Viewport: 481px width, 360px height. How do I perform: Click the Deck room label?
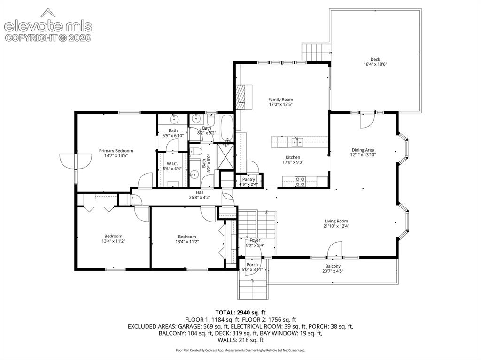tap(375, 59)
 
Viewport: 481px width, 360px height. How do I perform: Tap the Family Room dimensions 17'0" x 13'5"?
tap(281, 104)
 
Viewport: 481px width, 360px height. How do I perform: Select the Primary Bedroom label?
tap(116, 151)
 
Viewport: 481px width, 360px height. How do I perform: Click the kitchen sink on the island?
tap(297, 142)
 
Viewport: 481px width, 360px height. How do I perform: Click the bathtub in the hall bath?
tap(227, 129)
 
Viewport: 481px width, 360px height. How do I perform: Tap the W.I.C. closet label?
tap(172, 164)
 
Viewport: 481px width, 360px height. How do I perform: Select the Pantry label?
tap(248, 179)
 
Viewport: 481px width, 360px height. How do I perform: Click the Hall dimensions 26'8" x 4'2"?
tap(200, 198)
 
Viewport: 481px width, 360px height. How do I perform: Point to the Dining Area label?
tap(363, 150)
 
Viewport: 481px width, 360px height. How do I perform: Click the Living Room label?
tap(336, 221)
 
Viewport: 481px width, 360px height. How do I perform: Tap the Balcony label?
tap(333, 266)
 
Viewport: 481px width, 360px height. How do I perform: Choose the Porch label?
tap(252, 265)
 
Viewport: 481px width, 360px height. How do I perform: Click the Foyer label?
tap(255, 240)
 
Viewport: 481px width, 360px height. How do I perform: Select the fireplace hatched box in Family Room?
tap(241, 97)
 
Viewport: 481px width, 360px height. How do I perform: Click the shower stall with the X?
tap(225, 156)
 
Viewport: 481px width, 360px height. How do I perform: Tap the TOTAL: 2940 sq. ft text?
tap(240, 313)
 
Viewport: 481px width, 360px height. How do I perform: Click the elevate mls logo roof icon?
tap(48, 13)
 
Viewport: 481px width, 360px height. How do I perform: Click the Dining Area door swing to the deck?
tap(367, 120)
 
